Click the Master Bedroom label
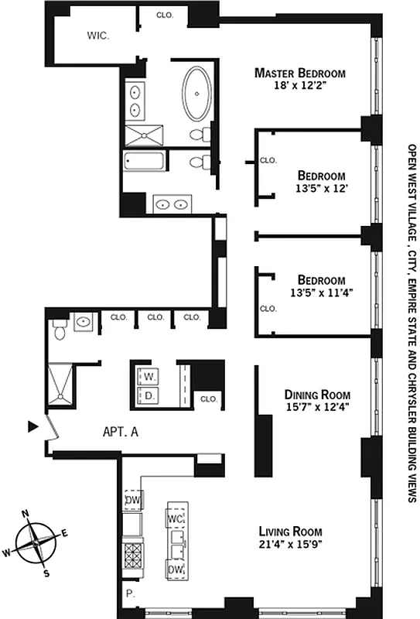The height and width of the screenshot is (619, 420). point(301,74)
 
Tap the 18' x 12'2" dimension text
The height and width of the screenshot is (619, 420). point(301,87)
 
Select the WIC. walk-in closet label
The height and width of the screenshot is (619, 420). point(97,35)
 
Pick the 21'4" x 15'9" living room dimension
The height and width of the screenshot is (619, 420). point(291,545)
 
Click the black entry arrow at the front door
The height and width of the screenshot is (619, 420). point(32,426)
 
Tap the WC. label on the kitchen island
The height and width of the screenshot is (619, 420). point(175,518)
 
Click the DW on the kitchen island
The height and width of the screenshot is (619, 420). point(175,569)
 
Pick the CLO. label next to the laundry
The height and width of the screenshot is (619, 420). point(208,399)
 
